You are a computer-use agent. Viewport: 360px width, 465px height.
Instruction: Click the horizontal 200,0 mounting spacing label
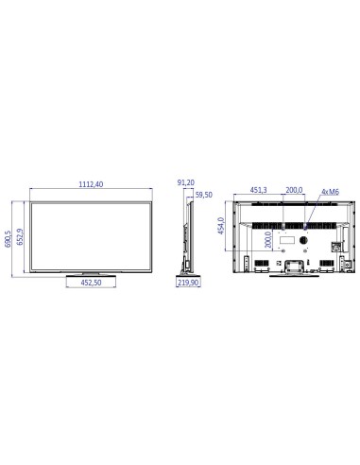[x=294, y=190]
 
